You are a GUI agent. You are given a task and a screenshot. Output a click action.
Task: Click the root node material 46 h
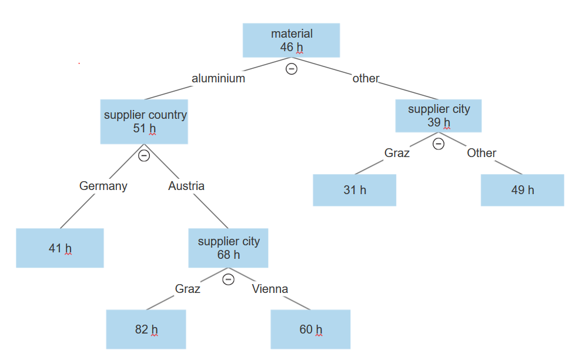pos(292,40)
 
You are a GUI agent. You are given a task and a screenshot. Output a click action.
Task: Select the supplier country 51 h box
pos(145,122)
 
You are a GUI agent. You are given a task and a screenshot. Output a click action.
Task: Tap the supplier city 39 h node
pos(439,116)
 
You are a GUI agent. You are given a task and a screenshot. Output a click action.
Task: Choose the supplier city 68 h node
pos(228,248)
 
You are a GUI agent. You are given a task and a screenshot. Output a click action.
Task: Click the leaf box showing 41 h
pos(60,248)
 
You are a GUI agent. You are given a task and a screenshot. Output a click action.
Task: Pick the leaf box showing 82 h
pos(146,329)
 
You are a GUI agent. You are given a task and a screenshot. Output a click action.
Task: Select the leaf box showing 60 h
pos(310,329)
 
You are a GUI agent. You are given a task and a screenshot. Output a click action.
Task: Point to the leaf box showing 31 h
pos(354,190)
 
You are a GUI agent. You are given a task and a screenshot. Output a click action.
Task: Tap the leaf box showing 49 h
pos(522,190)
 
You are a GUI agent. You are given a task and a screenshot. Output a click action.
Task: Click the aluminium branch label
pos(218,78)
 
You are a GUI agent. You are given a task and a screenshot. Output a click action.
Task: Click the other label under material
pos(366,78)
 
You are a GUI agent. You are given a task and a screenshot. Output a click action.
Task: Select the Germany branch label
pos(103,186)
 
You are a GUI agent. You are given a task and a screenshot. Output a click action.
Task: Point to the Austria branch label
pos(186,186)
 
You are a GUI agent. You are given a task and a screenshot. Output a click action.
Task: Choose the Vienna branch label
pos(270,289)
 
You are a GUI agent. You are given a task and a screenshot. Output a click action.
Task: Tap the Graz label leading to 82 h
pos(188,289)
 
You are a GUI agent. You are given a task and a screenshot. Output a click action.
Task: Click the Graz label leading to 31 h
pos(397,153)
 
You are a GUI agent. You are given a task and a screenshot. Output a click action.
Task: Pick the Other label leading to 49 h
pos(481,153)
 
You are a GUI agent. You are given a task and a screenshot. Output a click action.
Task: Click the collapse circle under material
pos(291,69)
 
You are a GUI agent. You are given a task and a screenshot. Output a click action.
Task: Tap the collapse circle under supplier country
pos(143,156)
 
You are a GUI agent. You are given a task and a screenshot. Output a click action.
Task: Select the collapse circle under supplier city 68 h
pos(229,279)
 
